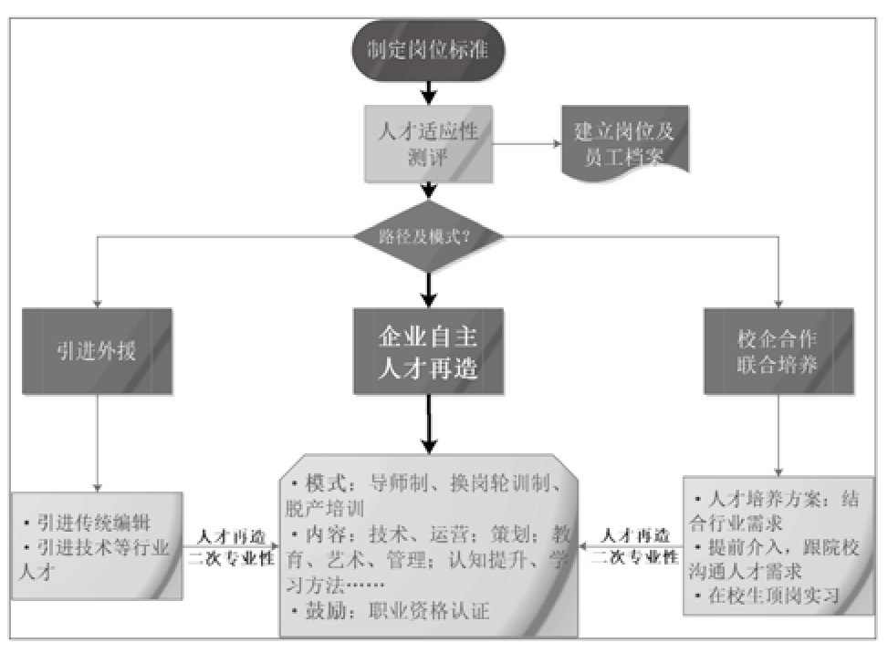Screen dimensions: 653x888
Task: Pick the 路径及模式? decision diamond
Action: [x=428, y=237]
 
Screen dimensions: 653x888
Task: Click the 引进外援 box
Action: [x=97, y=350]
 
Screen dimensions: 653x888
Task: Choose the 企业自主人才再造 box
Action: [x=428, y=351]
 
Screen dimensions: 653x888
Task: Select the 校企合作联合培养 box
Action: [x=778, y=351]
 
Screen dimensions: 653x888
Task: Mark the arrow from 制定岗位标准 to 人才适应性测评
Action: [x=428, y=91]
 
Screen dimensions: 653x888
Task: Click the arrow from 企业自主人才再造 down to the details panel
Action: [x=428, y=424]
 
